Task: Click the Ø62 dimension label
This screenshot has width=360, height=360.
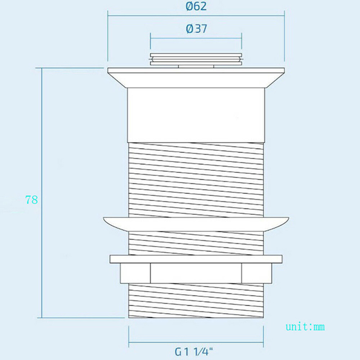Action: point(196,6)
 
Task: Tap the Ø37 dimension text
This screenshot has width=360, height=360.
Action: point(197,29)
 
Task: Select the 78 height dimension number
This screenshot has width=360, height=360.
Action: point(32,200)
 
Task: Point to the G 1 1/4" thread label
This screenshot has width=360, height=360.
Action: point(194,352)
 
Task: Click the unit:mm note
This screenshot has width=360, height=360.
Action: point(305,327)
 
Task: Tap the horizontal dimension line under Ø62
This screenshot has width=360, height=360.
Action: point(196,16)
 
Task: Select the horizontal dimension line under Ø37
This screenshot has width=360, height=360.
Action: point(196,38)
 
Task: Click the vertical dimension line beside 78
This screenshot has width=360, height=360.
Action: point(42,193)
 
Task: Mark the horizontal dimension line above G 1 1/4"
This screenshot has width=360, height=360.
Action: point(196,342)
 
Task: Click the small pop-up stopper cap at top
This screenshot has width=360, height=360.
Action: point(196,59)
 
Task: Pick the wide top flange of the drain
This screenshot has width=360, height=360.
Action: point(196,78)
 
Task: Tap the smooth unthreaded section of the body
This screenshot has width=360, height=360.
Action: point(196,115)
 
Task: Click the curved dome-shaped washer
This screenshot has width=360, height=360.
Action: point(196,224)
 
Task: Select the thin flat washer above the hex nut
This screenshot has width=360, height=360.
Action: point(196,259)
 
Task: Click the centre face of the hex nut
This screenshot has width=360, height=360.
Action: point(196,273)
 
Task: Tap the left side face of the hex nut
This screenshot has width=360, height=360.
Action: point(135,273)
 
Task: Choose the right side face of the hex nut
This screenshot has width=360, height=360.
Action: point(257,273)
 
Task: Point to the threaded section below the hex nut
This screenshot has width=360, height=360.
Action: point(196,300)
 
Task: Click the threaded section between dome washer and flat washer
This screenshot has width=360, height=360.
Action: point(196,243)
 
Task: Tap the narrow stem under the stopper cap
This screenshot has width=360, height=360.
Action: point(196,66)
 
